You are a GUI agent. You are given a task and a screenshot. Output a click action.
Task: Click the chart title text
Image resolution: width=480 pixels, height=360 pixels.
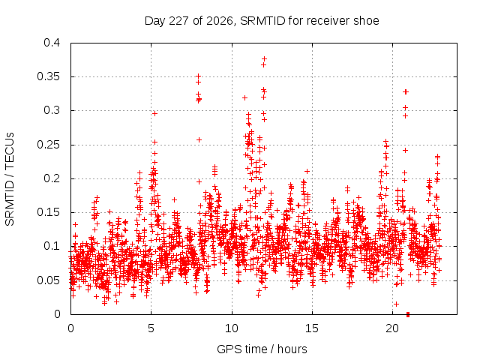pos(262,21)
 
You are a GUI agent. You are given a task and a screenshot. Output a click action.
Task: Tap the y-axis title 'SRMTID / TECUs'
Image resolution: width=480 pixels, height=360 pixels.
pos(10,179)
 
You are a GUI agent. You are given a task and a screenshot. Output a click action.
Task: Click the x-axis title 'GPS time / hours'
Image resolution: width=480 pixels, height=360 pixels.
pos(262,349)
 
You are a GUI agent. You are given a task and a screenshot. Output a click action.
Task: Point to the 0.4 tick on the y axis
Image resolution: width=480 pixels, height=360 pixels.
pos(52,43)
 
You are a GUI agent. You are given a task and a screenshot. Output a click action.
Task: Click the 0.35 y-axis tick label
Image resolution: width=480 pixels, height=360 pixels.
pos(49,76)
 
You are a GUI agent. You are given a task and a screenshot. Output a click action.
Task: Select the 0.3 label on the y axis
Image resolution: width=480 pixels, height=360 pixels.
pos(52,110)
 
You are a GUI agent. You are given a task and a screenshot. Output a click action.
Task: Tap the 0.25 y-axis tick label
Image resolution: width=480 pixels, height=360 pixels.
pos(49,145)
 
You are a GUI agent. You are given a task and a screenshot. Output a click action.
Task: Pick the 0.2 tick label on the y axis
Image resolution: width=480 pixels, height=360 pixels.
pos(52,178)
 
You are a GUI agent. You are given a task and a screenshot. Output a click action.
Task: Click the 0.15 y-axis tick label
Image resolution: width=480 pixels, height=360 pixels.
pos(49,212)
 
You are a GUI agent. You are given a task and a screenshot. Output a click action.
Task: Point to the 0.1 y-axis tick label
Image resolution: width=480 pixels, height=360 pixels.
pos(52,246)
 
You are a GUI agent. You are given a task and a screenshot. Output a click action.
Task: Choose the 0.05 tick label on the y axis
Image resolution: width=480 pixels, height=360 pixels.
pos(49,280)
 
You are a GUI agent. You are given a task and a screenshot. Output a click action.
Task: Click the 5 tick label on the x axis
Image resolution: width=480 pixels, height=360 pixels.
pos(151,328)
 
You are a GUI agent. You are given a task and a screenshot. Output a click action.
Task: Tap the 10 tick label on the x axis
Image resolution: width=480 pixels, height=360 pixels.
pos(232,328)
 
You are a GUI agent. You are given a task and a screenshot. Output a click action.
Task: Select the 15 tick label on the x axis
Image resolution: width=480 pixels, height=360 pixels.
pos(312,328)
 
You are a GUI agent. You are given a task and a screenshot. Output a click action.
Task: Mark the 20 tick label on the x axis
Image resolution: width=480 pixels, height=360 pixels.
pos(392,328)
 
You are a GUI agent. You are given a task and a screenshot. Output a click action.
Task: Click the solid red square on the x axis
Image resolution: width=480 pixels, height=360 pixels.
pos(408,314)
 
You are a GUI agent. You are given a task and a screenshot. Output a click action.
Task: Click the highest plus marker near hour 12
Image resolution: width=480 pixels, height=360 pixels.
pos(264,58)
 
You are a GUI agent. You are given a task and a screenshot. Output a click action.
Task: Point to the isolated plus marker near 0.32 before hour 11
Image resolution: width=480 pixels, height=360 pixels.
pos(245,98)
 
